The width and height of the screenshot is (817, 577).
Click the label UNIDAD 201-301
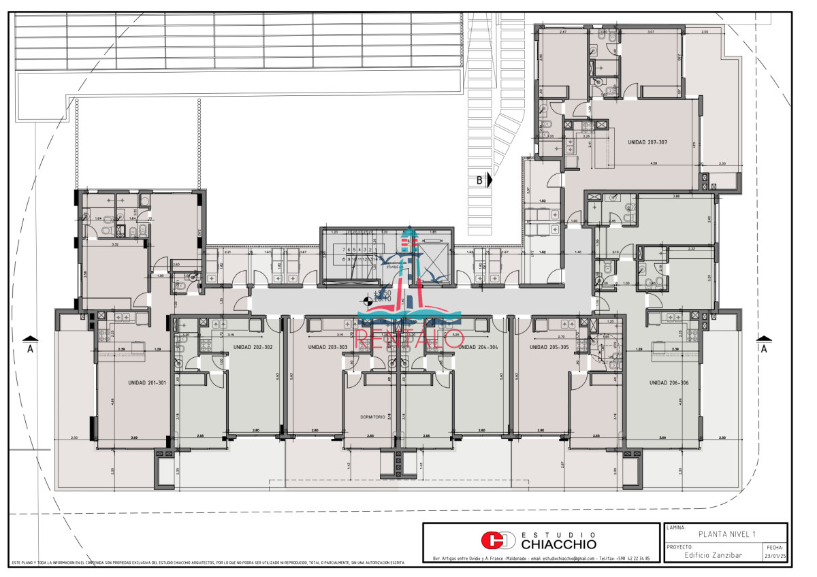(x=146, y=382)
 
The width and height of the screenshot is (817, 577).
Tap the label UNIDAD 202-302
(x=253, y=347)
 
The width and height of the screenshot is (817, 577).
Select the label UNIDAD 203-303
(x=327, y=347)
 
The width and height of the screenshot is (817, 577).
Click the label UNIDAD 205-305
(x=549, y=347)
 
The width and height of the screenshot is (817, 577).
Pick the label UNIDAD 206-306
(x=669, y=382)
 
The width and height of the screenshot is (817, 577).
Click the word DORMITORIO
(x=373, y=416)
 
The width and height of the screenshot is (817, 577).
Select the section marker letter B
(x=480, y=180)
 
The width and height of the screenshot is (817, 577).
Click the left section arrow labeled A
(x=29, y=344)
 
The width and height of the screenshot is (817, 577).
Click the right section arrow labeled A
(x=764, y=344)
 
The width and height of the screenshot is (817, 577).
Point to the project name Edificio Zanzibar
(x=713, y=555)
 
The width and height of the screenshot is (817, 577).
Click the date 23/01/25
(x=775, y=555)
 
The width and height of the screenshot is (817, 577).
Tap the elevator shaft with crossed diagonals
(x=430, y=265)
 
